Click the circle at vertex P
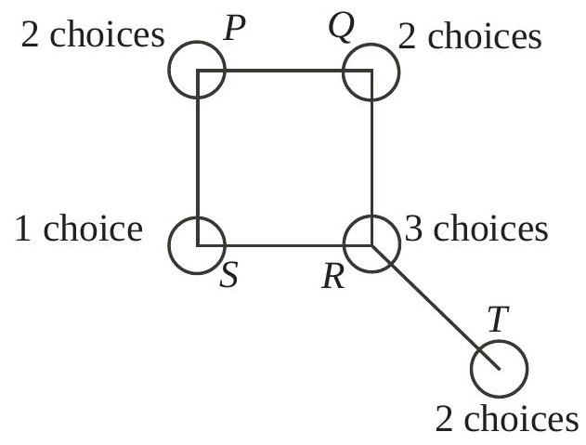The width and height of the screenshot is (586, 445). (x=198, y=70)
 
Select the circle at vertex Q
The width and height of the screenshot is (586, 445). (x=371, y=70)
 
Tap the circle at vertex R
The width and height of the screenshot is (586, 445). (x=371, y=245)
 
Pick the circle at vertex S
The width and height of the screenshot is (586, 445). (x=197, y=245)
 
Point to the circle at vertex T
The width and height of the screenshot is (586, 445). (x=500, y=368)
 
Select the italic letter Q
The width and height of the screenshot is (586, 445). (x=341, y=30)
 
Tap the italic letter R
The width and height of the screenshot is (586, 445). (x=332, y=277)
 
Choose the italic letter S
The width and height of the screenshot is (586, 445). (x=229, y=276)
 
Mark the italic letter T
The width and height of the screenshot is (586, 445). (x=499, y=321)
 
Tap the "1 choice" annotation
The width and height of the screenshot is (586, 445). (x=80, y=228)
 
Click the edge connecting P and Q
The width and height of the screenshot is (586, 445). (x=284, y=70)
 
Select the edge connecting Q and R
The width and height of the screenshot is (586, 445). (x=371, y=158)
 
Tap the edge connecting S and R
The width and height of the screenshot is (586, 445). (x=284, y=245)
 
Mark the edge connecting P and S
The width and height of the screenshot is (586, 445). (x=198, y=158)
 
